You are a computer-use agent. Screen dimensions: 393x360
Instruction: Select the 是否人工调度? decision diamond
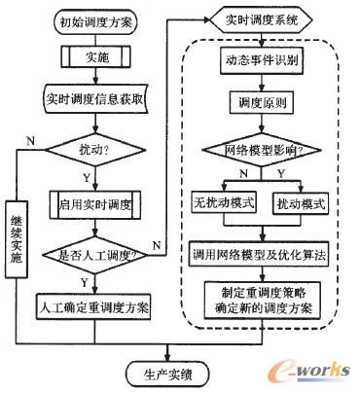tap(94, 255)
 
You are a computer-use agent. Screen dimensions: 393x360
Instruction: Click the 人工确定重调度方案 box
tap(94, 306)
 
